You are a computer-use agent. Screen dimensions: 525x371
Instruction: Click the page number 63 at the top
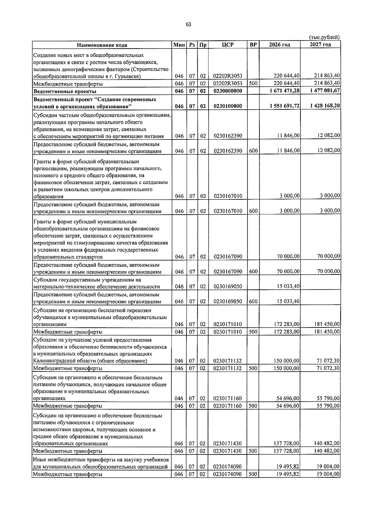click(189, 25)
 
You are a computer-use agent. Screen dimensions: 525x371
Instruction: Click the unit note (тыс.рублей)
click(324, 37)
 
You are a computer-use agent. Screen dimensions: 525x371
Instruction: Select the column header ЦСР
click(228, 45)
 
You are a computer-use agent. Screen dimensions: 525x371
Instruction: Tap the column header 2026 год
click(279, 45)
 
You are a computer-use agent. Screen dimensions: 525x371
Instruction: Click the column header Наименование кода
click(102, 45)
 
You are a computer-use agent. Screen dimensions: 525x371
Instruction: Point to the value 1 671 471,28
click(284, 91)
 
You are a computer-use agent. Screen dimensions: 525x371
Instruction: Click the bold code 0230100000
click(228, 106)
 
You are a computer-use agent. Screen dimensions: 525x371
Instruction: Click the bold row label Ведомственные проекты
click(65, 92)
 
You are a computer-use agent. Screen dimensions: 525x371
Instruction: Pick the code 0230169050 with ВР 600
click(228, 301)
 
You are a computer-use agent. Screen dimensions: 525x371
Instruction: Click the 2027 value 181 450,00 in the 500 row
click(327, 331)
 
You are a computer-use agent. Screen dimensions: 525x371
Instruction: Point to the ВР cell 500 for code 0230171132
click(253, 368)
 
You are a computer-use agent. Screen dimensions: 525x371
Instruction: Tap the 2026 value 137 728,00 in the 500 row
click(287, 451)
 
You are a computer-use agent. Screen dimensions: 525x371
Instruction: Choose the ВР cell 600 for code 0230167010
click(253, 211)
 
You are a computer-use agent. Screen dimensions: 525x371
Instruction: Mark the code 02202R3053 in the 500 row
click(228, 83)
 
